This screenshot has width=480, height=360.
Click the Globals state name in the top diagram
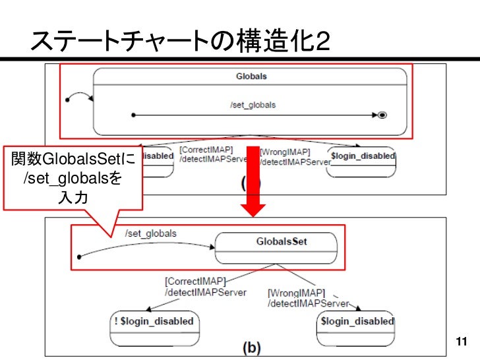pos(251,76)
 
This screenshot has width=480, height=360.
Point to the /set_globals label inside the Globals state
pos(253,105)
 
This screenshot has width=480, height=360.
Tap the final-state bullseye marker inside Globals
pos(382,115)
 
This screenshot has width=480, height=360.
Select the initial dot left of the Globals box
pos(68,101)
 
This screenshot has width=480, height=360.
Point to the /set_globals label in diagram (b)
pos(150,233)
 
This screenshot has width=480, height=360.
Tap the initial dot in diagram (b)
pos(79,256)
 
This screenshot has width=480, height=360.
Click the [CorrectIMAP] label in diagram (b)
pos(195,281)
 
